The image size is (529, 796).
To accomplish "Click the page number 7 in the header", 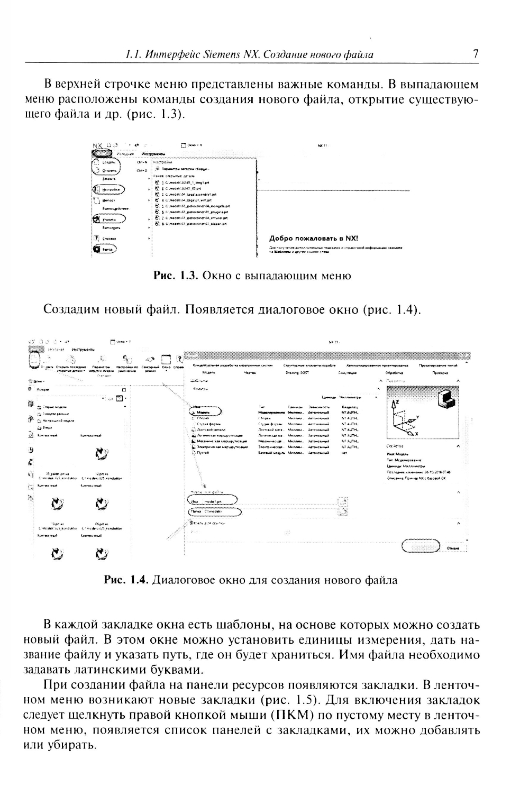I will (x=476, y=54).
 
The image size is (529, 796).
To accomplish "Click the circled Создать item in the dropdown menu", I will (x=106, y=163).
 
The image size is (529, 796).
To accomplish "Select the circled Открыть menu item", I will (x=106, y=171).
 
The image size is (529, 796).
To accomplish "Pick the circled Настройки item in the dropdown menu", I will (x=110, y=189).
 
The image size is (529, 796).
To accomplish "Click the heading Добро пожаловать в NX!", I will (x=314, y=239).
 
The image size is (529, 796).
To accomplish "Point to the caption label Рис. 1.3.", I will (x=175, y=276).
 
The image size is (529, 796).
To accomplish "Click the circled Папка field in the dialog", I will (x=214, y=511).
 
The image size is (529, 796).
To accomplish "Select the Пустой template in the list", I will (x=203, y=453).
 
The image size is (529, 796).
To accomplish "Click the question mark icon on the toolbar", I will (x=179, y=360).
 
